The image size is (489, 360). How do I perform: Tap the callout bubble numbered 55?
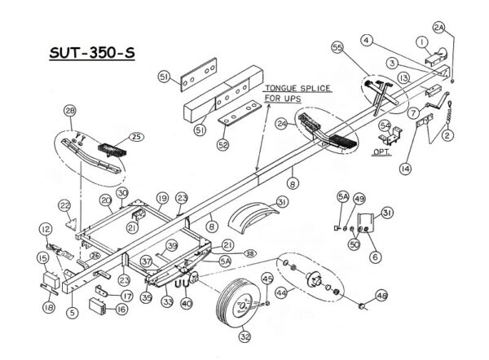(x=337, y=48)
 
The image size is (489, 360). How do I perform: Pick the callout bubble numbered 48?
(x=381, y=296)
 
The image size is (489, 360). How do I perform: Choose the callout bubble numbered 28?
(x=70, y=111)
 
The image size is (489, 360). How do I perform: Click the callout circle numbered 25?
(x=136, y=137)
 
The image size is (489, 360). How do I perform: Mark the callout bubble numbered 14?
(x=404, y=169)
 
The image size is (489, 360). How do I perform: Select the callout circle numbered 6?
(x=375, y=257)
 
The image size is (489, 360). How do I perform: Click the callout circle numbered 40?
(x=187, y=305)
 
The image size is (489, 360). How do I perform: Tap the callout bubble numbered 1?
(x=422, y=42)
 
